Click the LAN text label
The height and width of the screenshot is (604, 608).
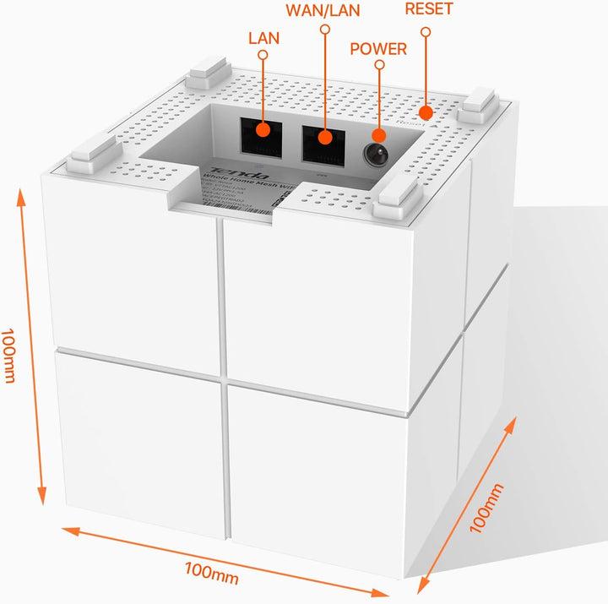(263, 39)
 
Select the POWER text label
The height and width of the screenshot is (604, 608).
(377, 49)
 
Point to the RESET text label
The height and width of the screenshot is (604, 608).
(428, 9)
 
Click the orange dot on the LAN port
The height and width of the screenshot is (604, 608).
(263, 130)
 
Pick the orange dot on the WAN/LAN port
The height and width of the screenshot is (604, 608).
(324, 136)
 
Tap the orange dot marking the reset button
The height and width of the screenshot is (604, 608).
(427, 112)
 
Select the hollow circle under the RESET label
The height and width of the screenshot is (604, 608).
(426, 31)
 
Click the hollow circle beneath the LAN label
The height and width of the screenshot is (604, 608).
(263, 55)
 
